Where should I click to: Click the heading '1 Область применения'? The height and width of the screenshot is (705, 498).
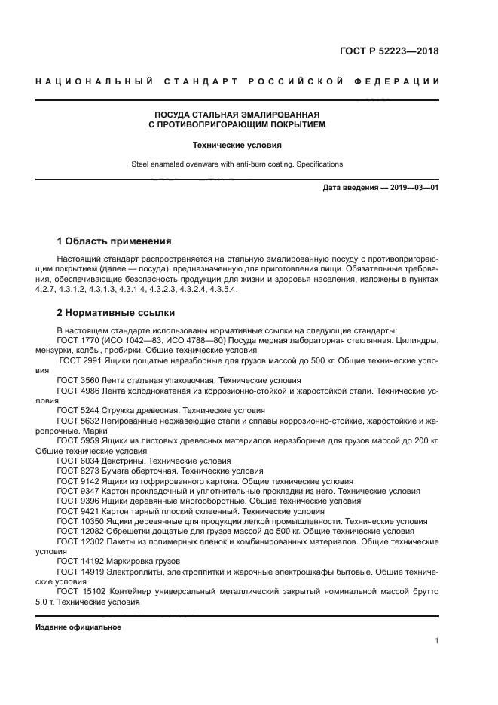(x=114, y=241)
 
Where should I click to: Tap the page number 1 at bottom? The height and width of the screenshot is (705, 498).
(x=436, y=641)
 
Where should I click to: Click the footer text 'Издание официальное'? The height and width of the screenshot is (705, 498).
(x=78, y=627)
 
